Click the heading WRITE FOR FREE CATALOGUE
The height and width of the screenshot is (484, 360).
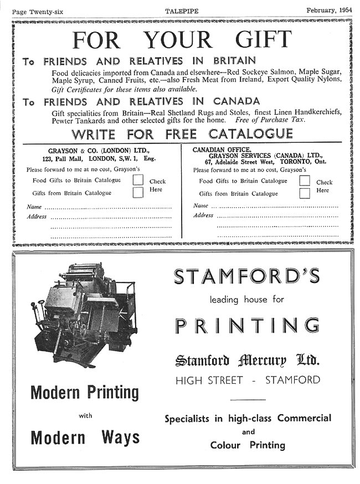[182, 134]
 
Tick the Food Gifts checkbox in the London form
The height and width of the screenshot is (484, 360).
[138, 180]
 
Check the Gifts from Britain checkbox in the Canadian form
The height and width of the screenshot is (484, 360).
[305, 193]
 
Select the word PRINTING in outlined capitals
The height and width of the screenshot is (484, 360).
[247, 325]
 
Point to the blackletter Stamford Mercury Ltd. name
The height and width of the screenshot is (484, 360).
[246, 361]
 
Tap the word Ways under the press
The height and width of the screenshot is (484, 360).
[120, 437]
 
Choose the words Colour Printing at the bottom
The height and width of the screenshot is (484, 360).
[248, 445]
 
